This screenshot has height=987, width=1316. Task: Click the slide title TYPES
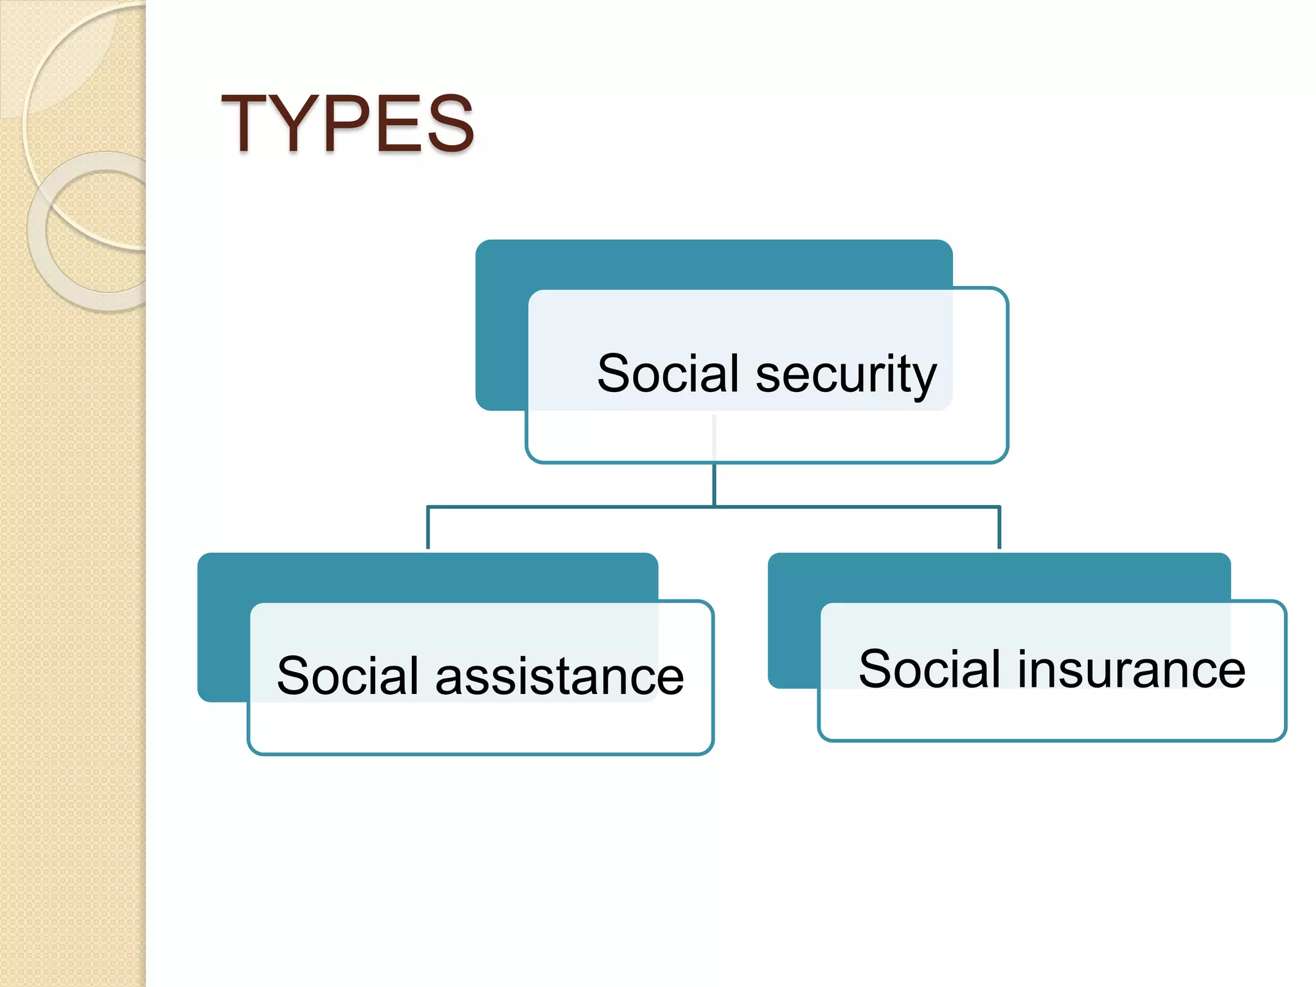click(347, 123)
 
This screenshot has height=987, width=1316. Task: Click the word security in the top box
click(846, 375)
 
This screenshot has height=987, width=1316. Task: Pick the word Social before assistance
click(348, 675)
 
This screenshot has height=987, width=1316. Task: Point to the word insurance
click(1130, 670)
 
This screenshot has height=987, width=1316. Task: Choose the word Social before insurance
click(930, 669)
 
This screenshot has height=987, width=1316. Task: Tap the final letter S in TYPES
click(450, 123)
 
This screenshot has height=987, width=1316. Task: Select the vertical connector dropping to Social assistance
click(428, 528)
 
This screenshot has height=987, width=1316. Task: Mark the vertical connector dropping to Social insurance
click(999, 528)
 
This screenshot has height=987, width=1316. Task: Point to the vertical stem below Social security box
click(714, 485)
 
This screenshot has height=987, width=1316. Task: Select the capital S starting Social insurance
click(875, 669)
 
